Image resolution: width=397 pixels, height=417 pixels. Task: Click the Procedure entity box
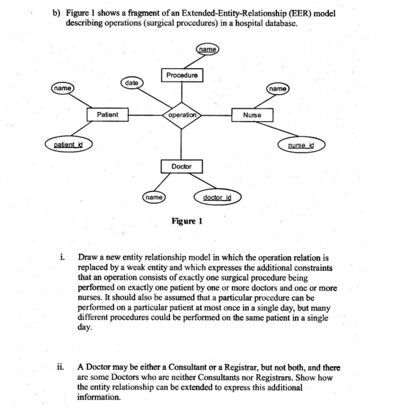click(x=181, y=76)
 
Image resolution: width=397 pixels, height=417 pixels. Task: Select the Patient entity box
click(x=107, y=115)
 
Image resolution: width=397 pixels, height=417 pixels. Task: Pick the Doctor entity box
click(x=181, y=166)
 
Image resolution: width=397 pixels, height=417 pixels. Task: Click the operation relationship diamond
click(x=181, y=115)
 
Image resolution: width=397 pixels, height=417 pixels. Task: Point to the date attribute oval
click(x=132, y=83)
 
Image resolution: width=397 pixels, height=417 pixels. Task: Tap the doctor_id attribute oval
click(x=217, y=197)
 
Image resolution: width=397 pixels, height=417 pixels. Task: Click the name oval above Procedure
click(x=207, y=49)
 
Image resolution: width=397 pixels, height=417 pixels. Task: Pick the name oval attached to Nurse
click(x=279, y=89)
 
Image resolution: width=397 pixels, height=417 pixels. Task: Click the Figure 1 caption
click(x=187, y=221)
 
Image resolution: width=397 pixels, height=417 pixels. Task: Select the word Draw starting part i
click(x=88, y=258)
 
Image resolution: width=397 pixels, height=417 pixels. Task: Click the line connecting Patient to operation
click(x=145, y=115)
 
